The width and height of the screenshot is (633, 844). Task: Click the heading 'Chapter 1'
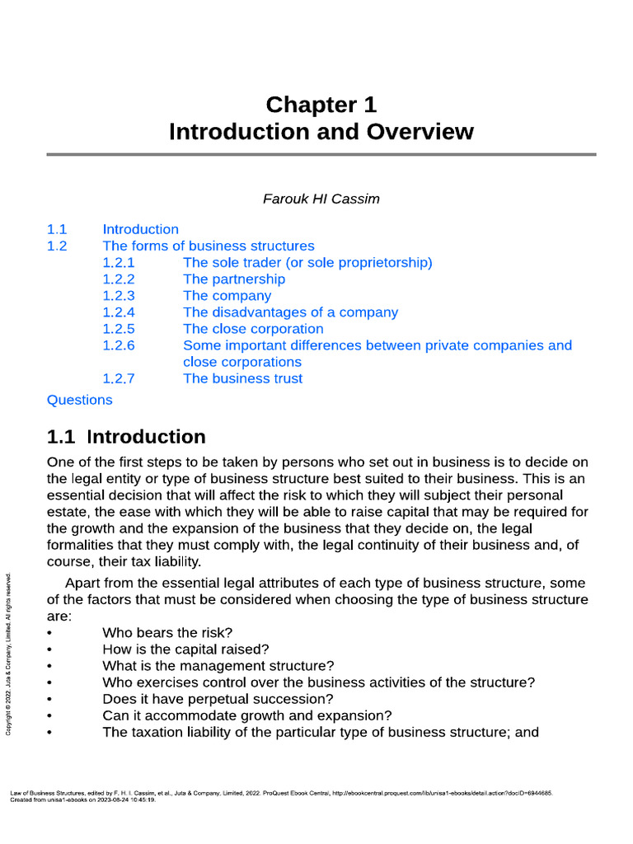tap(321, 105)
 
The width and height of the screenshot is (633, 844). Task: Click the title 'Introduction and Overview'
tap(321, 132)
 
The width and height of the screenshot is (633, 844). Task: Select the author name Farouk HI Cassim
tap(321, 199)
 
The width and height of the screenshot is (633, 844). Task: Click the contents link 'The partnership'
tap(233, 279)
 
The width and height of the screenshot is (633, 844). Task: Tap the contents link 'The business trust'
tap(242, 378)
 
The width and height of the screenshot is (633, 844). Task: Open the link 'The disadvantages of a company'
tap(290, 312)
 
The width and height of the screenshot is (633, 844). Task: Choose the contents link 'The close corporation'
tap(253, 329)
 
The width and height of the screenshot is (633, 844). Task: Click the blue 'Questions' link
tap(80, 400)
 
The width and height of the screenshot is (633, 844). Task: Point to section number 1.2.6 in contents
tap(119, 345)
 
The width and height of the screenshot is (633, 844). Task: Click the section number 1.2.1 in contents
tap(119, 263)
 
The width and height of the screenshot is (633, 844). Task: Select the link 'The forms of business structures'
tap(208, 246)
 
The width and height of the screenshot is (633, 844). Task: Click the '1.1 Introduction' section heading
tap(126, 437)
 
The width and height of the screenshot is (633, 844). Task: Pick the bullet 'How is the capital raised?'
tap(185, 649)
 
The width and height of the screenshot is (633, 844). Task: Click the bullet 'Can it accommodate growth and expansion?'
tap(246, 715)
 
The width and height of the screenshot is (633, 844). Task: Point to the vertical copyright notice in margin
tap(9, 656)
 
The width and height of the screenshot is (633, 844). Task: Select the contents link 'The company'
tap(227, 296)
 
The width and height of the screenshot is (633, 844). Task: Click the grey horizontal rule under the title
tap(321, 154)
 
